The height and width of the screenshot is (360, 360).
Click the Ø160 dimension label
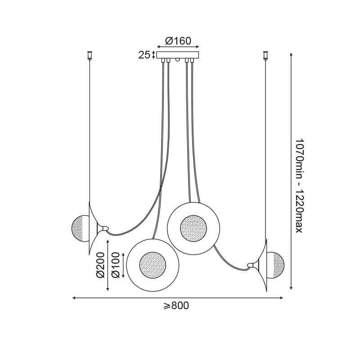tap(178, 41)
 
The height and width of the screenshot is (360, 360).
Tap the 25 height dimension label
tap(144, 55)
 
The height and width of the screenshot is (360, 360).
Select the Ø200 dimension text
tap(100, 265)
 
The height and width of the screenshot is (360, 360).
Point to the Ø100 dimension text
tap(116, 265)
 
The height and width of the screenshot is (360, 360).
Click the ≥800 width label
tap(176, 306)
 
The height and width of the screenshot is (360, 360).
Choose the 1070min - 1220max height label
tap(299, 185)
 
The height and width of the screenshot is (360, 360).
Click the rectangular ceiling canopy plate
tap(178, 55)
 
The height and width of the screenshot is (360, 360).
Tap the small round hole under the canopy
tap(177, 60)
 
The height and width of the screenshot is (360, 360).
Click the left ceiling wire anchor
tap(89, 56)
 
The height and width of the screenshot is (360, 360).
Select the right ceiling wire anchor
tap(266, 56)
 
